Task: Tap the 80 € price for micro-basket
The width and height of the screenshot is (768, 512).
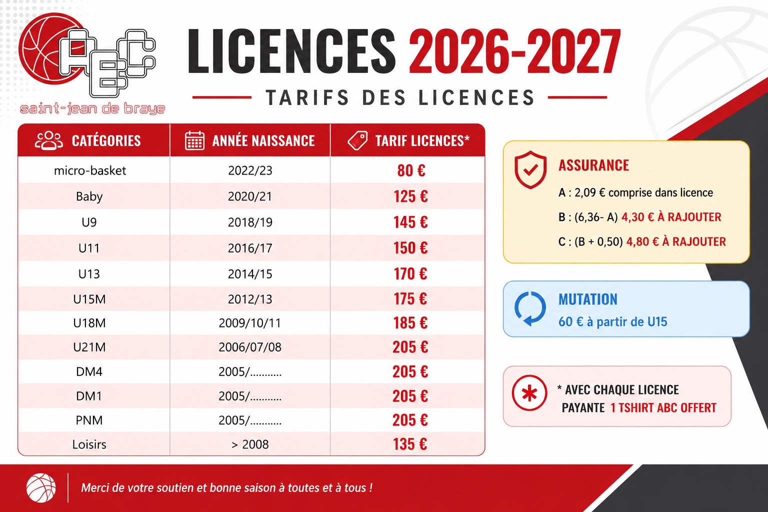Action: click(411, 170)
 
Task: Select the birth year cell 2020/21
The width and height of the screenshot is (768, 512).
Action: click(250, 196)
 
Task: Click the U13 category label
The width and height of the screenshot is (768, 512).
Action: click(89, 274)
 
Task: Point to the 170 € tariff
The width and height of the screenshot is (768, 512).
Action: click(410, 273)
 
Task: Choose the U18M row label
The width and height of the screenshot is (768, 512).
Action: click(89, 323)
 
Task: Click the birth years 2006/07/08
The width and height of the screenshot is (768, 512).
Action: click(250, 347)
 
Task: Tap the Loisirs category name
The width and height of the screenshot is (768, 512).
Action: click(89, 444)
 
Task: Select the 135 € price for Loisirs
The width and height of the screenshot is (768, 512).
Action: click(410, 444)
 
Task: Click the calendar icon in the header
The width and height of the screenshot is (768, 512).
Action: click(194, 140)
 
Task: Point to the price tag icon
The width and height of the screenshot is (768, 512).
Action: click(357, 140)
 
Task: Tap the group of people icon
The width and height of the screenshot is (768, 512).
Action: click(48, 140)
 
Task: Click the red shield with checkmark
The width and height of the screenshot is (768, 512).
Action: click(530, 170)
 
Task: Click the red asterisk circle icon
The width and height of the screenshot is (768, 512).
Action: click(529, 393)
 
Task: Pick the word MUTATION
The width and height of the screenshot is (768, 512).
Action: click(588, 299)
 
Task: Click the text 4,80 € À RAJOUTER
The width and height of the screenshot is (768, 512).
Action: click(676, 242)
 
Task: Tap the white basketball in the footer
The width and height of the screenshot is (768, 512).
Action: click(41, 487)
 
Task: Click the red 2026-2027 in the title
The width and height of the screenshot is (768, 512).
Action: click(514, 51)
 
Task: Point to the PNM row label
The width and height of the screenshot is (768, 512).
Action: click(89, 420)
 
